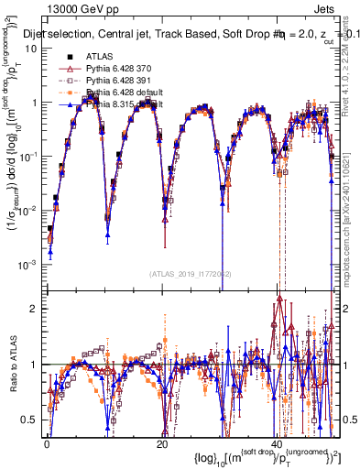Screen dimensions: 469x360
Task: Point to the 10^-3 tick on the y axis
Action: pyautogui.click(x=27, y=263)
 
